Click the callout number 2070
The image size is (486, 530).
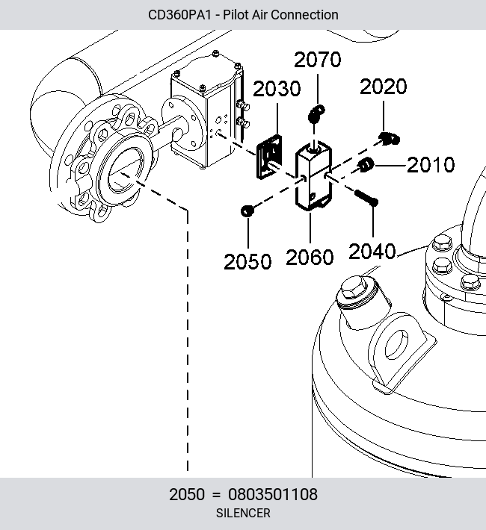[x=317, y=60]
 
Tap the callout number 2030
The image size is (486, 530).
[x=277, y=89]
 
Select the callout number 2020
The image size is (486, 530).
[x=383, y=87]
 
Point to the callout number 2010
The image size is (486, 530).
[x=431, y=165]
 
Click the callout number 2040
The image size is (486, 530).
[x=372, y=251]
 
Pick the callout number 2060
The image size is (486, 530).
[x=310, y=257]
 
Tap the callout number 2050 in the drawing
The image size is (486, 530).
[x=247, y=261]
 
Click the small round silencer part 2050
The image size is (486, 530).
[x=247, y=211]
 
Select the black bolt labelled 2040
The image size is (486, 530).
[x=366, y=198]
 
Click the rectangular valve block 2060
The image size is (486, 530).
[x=313, y=175]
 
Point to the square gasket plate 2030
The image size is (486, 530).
[x=270, y=157]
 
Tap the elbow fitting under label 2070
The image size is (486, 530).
[x=316, y=113]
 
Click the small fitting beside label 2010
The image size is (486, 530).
[x=366, y=165]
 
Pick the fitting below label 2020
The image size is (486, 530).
[x=389, y=138]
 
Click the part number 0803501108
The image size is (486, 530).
[x=273, y=494]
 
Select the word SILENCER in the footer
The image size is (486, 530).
[x=243, y=513]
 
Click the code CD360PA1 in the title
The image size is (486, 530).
[x=179, y=15]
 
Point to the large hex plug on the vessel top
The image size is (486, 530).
[x=354, y=288]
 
